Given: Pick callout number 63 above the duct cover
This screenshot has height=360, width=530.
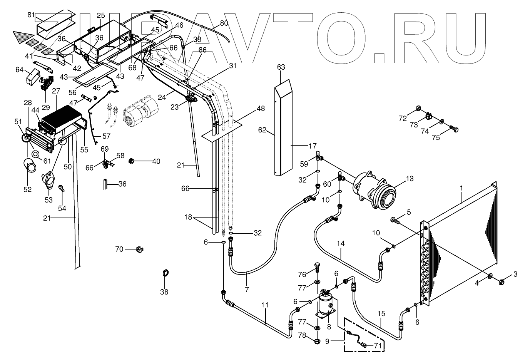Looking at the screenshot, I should click(281, 67).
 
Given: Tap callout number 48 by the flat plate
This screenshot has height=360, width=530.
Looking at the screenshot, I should click(261, 109).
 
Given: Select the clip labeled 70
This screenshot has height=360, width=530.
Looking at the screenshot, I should click(139, 249).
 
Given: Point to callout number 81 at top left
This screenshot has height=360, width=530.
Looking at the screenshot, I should click(31, 15).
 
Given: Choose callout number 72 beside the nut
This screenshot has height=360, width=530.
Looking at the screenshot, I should click(403, 118).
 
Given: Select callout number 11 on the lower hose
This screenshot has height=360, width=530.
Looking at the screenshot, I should click(264, 305).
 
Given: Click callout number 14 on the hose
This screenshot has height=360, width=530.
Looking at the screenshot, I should click(341, 243).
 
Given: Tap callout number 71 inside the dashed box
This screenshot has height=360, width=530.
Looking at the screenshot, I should click(378, 346).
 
